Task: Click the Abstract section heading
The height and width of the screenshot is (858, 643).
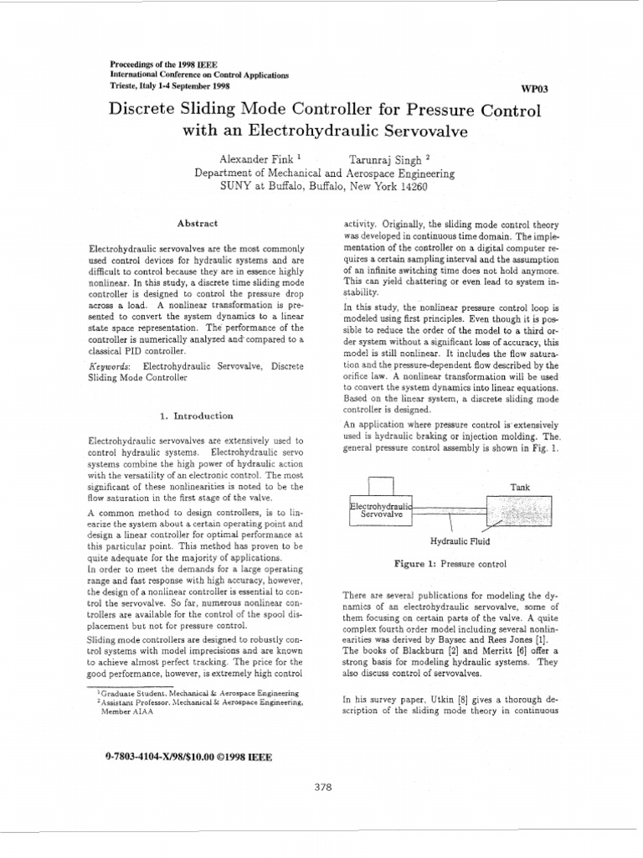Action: (198, 223)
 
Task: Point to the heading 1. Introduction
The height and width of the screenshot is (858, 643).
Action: (196, 416)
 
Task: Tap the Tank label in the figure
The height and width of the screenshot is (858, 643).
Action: (520, 487)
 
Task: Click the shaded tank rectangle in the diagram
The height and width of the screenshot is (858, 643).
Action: (519, 510)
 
